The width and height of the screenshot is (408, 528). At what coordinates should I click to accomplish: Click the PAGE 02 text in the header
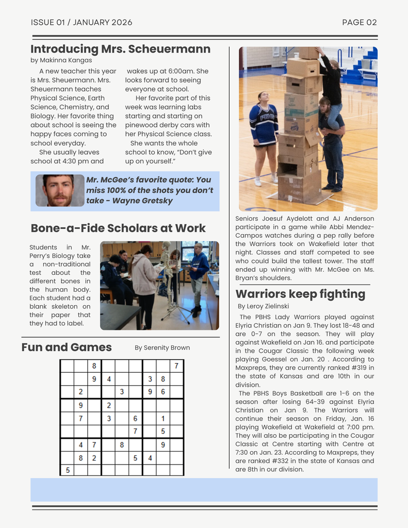click(x=360, y=22)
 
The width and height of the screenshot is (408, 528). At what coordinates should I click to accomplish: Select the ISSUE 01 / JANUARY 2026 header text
click(x=81, y=22)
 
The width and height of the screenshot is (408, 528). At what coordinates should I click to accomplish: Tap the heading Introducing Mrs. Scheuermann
click(x=120, y=49)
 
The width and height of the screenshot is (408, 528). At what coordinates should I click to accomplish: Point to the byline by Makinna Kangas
click(x=61, y=60)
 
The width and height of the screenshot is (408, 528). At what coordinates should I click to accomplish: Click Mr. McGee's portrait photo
click(x=59, y=190)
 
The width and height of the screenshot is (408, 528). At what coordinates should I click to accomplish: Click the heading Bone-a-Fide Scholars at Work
click(x=118, y=228)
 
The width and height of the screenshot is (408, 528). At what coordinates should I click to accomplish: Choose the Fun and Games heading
click(x=67, y=347)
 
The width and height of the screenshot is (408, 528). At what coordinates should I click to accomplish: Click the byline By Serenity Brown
click(x=162, y=348)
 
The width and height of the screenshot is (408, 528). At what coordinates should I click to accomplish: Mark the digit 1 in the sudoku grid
click(x=163, y=419)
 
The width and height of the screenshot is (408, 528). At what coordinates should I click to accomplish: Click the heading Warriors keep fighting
click(x=300, y=294)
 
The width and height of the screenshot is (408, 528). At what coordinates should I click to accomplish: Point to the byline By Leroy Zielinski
click(x=264, y=306)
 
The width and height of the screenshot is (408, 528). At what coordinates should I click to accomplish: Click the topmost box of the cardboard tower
click(x=306, y=53)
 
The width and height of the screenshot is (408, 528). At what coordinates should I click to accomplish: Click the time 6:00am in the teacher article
click(x=181, y=71)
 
